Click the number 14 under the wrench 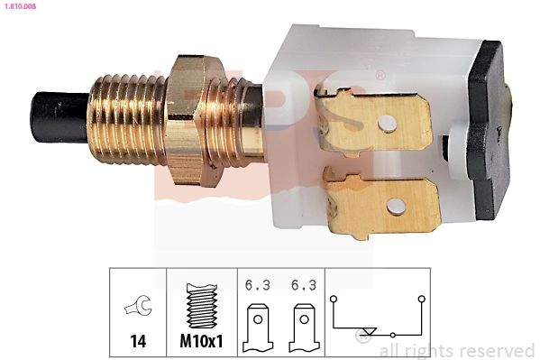point(138,343)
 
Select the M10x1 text point(200,343)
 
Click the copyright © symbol point(364,341)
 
